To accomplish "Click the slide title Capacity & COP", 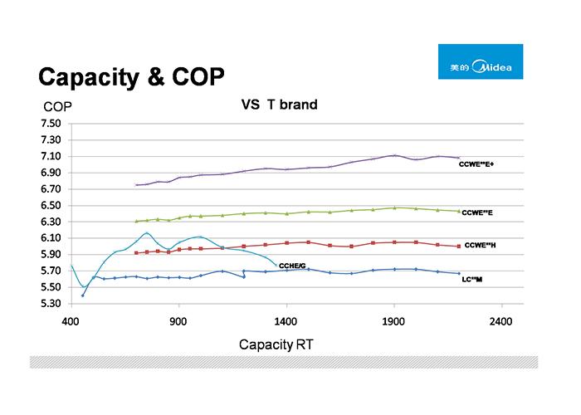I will point(131,77).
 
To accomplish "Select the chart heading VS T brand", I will point(279,105).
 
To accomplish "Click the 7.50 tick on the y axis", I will point(51,124).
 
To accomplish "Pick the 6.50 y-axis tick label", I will point(51,206).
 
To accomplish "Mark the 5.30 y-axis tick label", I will point(51,304).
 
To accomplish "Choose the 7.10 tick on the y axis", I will point(51,157).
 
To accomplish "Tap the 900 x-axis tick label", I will point(178,320).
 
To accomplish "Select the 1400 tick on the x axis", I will point(286,320).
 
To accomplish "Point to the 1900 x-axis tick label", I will point(394,320).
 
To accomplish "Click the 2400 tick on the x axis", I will point(501,320).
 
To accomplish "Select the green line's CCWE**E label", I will point(478,213).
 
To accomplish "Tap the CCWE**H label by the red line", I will point(481,245).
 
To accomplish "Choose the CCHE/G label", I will point(291,265).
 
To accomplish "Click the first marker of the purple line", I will point(136,185).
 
